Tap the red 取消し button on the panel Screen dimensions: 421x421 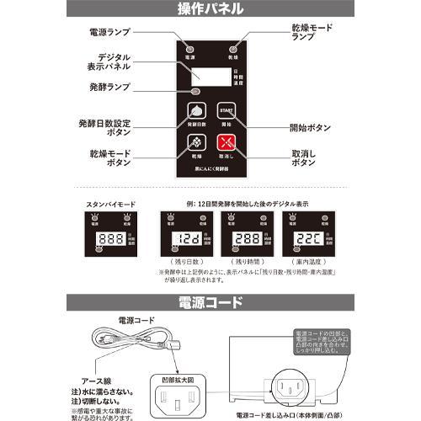point(225,143)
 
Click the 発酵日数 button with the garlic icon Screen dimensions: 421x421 point(195,112)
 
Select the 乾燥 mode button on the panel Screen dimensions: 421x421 point(195,143)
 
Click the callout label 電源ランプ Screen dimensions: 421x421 point(109,32)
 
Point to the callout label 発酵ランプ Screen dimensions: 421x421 point(109,88)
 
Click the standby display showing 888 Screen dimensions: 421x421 point(113,238)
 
